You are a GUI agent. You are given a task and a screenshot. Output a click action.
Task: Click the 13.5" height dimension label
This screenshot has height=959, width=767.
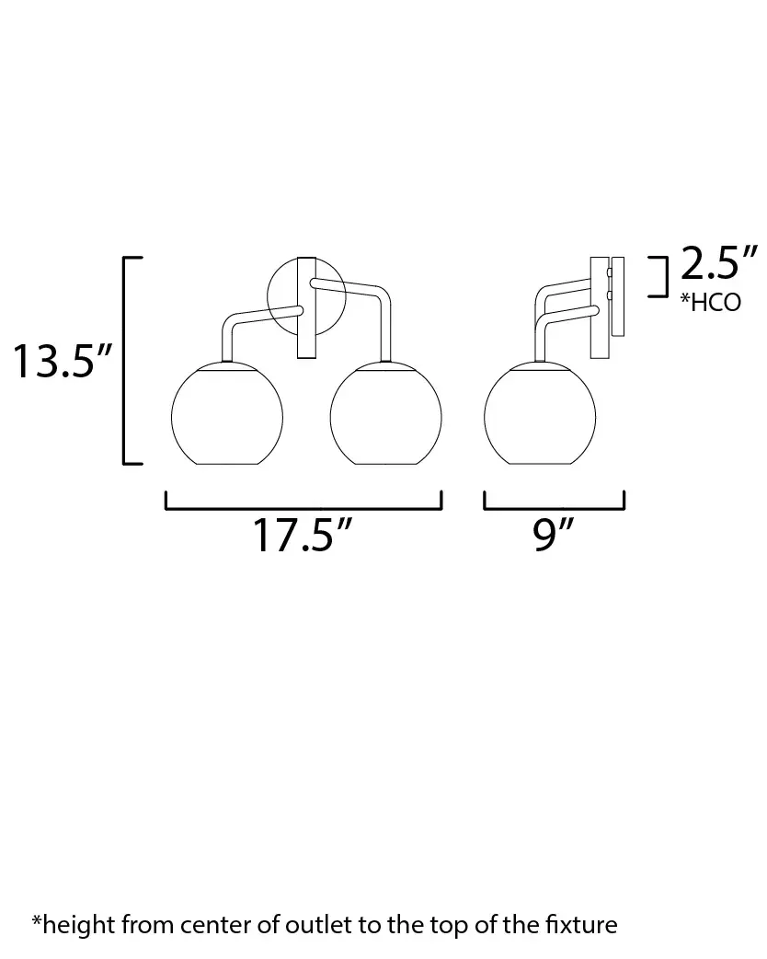(63, 361)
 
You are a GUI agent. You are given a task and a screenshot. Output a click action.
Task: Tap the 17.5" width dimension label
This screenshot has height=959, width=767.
(303, 535)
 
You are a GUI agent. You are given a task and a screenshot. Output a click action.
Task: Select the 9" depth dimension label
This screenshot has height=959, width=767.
(553, 535)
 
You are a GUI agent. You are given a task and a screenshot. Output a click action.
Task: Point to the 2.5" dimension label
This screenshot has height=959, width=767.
(719, 263)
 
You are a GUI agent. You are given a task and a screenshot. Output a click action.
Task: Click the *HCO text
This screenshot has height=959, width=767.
(711, 302)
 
